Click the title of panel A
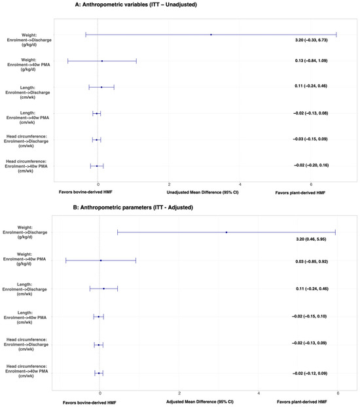click(x=136, y=5)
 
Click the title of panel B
click(x=133, y=207)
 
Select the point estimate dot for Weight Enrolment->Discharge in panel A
click(x=211, y=35)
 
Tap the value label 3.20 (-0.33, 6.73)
click(x=311, y=40)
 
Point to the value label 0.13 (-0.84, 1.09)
click(x=311, y=60)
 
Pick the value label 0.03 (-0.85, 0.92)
click(x=312, y=261)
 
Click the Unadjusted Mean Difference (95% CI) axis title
click(x=202, y=192)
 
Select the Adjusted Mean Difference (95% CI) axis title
click(x=200, y=402)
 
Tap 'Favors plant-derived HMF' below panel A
click(x=300, y=192)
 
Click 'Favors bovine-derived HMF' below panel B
click(x=90, y=402)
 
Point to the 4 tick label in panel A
click(x=240, y=185)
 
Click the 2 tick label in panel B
click(x=179, y=393)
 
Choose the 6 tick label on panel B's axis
click(x=338, y=393)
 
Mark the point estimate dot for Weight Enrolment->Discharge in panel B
click(x=226, y=232)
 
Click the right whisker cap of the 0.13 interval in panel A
click(x=136, y=61)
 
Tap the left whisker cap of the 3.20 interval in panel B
click(x=117, y=232)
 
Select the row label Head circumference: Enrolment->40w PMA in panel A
click(x=26, y=166)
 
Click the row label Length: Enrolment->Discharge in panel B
click(x=25, y=289)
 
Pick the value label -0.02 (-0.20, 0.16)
click(x=311, y=165)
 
